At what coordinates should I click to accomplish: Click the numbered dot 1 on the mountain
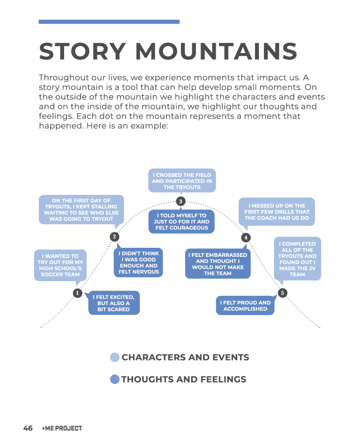(77, 293)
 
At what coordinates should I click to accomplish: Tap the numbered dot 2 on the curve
(115, 237)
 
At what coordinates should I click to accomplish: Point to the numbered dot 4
(246, 237)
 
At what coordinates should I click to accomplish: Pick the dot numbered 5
(282, 293)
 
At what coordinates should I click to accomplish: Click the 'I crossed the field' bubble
(182, 181)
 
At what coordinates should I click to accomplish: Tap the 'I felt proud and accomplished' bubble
(245, 306)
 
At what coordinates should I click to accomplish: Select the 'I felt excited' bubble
(114, 303)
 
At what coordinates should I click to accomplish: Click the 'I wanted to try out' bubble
(60, 265)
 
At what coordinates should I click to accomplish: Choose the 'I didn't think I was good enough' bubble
(138, 263)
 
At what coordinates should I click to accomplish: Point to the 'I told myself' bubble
(182, 221)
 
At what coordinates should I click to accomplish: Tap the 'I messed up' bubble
(277, 212)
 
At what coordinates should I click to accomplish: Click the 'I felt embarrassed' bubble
(218, 264)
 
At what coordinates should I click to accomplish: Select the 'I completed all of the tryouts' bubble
(297, 259)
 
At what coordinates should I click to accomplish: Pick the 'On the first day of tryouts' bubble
(81, 210)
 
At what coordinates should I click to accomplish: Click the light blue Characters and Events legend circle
(115, 358)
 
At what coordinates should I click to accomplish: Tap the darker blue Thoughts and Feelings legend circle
(115, 379)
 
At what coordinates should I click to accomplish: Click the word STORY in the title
(82, 51)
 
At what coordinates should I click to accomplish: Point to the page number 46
(28, 428)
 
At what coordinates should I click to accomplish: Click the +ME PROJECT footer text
(62, 428)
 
